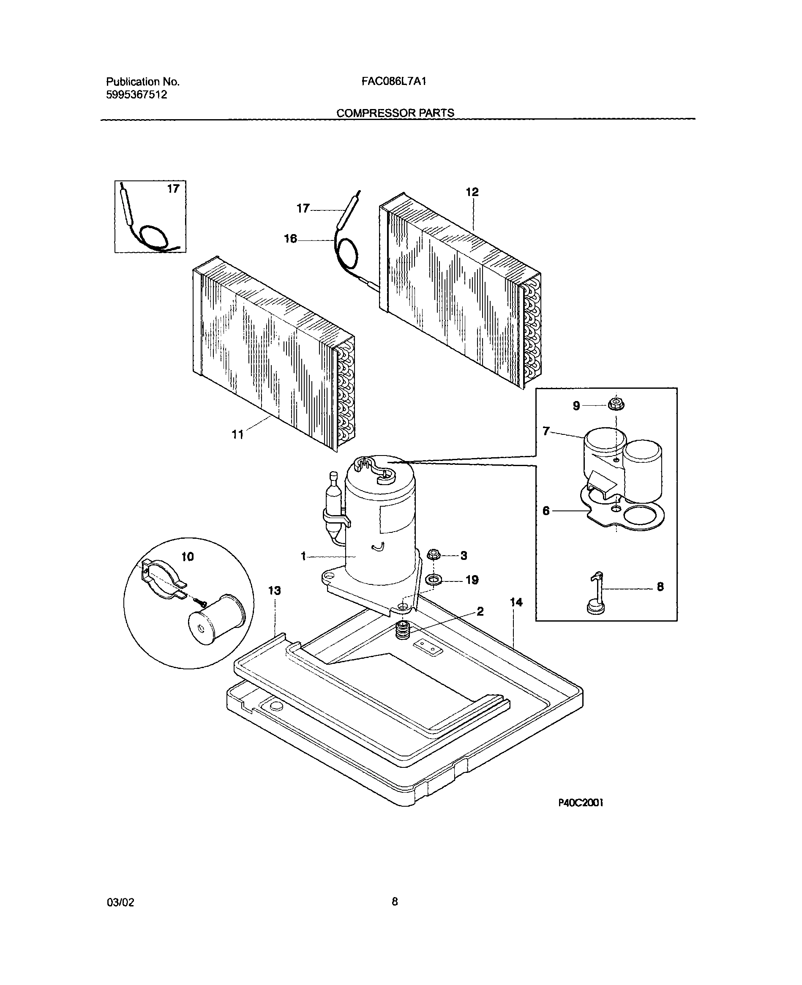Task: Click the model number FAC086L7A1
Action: tap(394, 82)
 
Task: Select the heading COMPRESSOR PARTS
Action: tap(395, 113)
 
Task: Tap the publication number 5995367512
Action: tap(136, 95)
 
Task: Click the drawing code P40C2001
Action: tap(581, 803)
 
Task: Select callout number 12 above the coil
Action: tap(472, 192)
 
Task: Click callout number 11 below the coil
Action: tap(237, 434)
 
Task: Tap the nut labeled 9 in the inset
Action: tap(616, 405)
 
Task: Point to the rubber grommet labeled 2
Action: tap(403, 630)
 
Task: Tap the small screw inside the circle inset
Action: tap(202, 602)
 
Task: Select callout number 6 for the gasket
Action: tap(546, 511)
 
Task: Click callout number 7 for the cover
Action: tap(546, 431)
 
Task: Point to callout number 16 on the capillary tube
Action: tap(290, 239)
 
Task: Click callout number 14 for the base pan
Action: tap(516, 603)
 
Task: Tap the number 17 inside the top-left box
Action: tap(173, 189)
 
